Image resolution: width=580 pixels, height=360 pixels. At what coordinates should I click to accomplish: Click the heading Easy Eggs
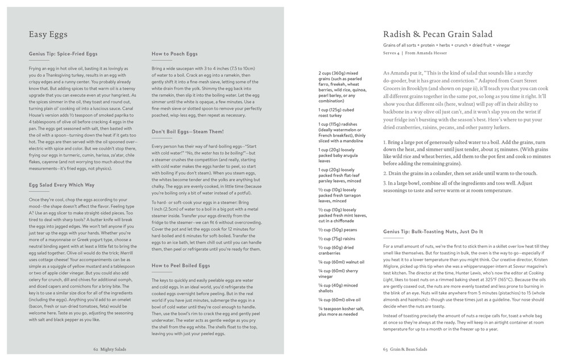pyautogui.click(x=48, y=34)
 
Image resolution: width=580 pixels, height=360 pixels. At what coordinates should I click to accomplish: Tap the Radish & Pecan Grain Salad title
pyautogui.click(x=438, y=34)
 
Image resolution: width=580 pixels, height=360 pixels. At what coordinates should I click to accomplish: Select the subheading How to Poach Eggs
pyautogui.click(x=175, y=53)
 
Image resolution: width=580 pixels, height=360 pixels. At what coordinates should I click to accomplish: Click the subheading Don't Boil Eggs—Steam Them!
pyautogui.click(x=188, y=131)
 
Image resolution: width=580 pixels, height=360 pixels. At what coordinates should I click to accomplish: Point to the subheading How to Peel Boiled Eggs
pyautogui.click(x=180, y=266)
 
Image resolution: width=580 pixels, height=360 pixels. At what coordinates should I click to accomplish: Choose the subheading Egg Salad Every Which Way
pyautogui.click(x=61, y=185)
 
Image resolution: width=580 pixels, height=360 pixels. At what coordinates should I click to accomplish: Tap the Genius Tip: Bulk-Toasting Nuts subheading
pyautogui.click(x=433, y=231)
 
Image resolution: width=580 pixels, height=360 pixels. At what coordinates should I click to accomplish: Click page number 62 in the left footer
pyautogui.click(x=96, y=349)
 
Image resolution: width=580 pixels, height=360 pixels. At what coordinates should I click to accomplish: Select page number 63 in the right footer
pyautogui.click(x=386, y=349)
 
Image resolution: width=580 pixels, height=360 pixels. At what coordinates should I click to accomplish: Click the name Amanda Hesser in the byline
pyautogui.click(x=434, y=53)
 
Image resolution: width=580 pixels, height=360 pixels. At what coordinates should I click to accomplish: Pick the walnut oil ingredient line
pyautogui.click(x=341, y=262)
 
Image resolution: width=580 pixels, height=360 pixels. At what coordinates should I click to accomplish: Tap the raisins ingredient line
pyautogui.click(x=335, y=238)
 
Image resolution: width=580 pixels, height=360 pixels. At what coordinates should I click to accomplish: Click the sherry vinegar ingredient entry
pyautogui.click(x=339, y=274)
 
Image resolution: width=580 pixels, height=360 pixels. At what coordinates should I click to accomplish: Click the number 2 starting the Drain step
pyautogui.click(x=385, y=173)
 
